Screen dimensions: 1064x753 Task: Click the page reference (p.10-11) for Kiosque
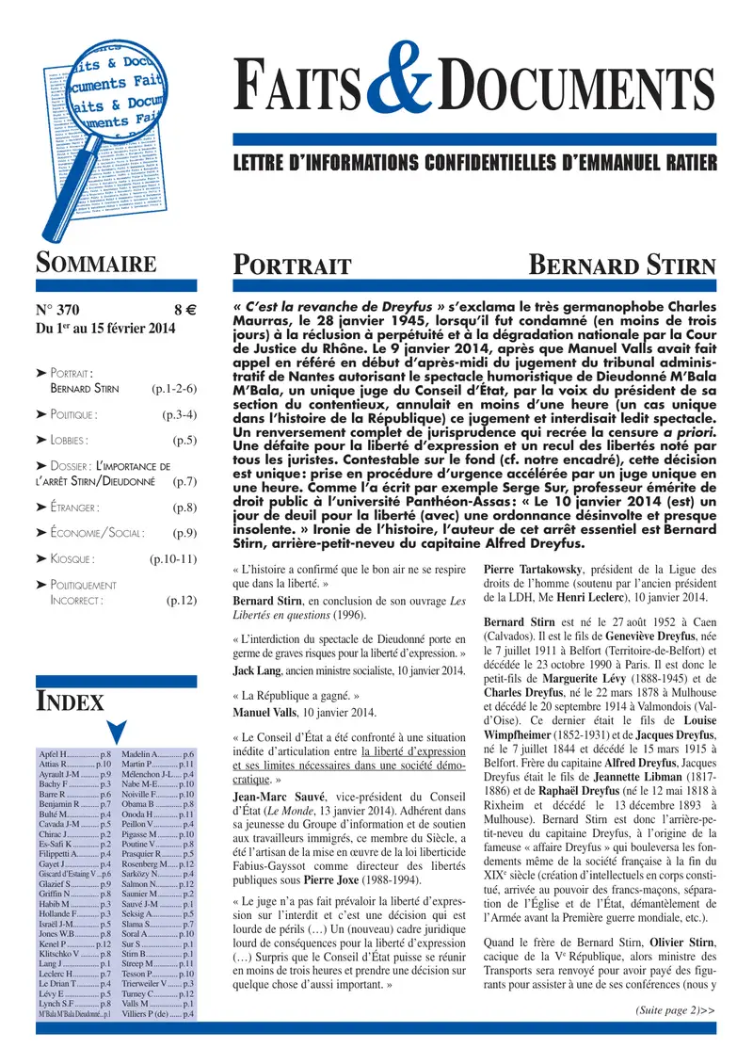point(172,558)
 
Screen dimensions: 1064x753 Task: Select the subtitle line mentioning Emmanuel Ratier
point(474,163)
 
